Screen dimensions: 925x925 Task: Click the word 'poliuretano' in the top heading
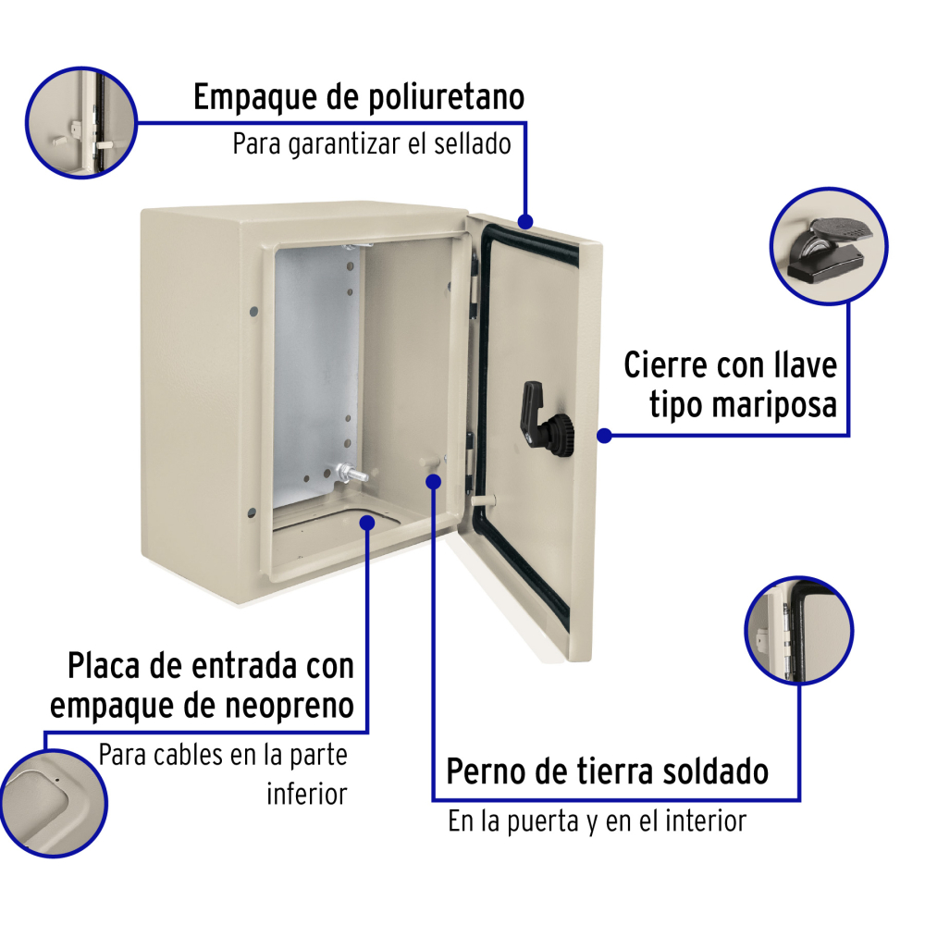[x=447, y=98]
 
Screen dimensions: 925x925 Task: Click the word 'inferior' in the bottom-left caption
[x=307, y=794]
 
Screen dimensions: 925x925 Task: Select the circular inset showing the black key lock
[x=829, y=246]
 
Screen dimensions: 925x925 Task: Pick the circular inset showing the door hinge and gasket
[x=799, y=631]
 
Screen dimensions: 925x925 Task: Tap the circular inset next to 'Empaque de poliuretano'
[x=81, y=123]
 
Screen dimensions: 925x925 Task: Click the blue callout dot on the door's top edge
[x=525, y=222]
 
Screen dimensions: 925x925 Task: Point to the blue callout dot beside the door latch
[x=604, y=436]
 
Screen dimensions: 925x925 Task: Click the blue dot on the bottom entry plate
[x=367, y=523]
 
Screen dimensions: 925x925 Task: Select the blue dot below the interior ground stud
[x=434, y=482]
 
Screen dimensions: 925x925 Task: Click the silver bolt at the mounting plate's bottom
[x=351, y=474]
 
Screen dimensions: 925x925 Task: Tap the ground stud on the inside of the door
[x=483, y=501]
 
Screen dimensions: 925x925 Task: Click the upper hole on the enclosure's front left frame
[x=254, y=311]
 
